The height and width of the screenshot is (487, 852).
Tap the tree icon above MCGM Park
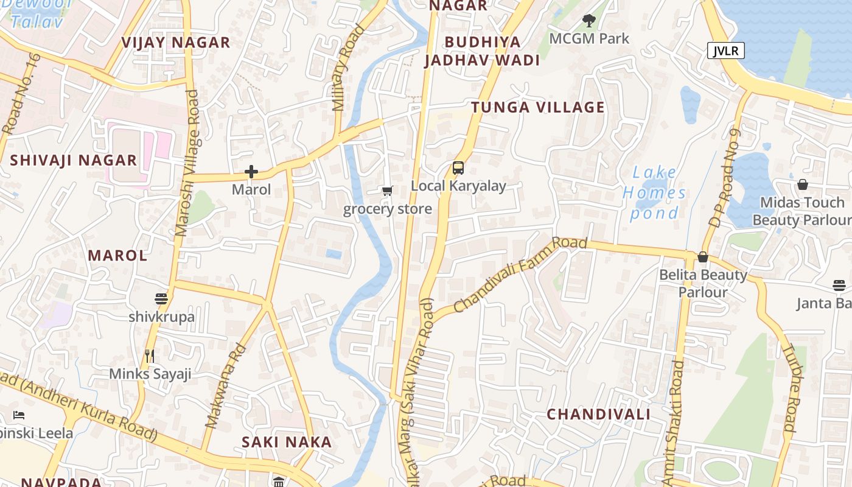588,21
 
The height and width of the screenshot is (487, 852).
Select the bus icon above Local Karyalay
458,168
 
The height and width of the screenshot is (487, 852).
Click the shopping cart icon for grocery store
388,191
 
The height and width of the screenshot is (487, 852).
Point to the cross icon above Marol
251,172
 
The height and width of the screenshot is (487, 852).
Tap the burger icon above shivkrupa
161,299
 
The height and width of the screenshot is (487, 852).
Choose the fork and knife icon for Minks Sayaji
150,356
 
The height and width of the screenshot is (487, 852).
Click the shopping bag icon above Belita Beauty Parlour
703,257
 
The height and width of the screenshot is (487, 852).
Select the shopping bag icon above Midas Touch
803,184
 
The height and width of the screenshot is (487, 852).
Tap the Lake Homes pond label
654,193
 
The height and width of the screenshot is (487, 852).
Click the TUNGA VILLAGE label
538,108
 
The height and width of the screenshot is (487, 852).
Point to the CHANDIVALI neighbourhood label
598,415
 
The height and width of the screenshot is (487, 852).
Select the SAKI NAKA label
287,443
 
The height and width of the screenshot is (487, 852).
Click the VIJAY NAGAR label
175,43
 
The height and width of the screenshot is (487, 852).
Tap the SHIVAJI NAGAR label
74,161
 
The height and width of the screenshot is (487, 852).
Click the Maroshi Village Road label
187,163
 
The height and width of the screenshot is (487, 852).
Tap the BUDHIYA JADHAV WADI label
483,51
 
